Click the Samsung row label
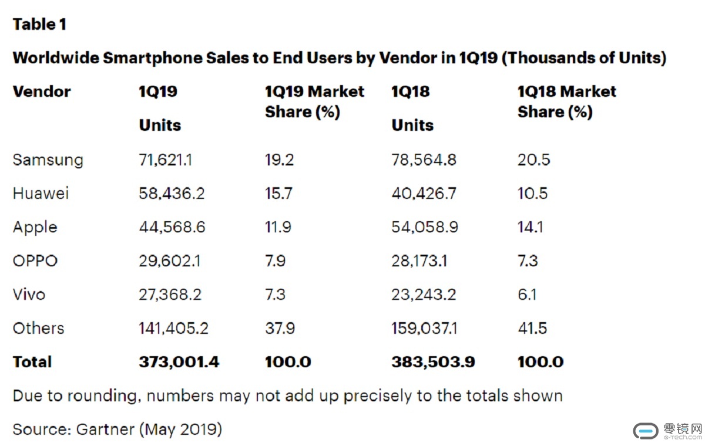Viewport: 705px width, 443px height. pyautogui.click(x=48, y=160)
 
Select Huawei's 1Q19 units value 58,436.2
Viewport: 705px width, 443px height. pyautogui.click(x=172, y=194)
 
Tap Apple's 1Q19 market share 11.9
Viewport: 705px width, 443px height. pyautogui.click(x=278, y=227)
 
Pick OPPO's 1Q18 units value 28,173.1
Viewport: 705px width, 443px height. pyautogui.click(x=419, y=261)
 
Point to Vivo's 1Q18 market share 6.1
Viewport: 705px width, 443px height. pyautogui.click(x=527, y=294)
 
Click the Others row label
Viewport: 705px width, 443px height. pyautogui.click(x=38, y=328)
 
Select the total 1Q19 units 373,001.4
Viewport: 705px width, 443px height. pyautogui.click(x=179, y=362)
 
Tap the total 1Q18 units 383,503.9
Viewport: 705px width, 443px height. pyautogui.click(x=433, y=362)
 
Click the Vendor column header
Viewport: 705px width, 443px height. pyautogui.click(x=41, y=92)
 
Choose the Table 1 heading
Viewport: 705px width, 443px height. pyautogui.click(x=39, y=25)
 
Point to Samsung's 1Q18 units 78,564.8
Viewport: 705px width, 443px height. pyautogui.click(x=424, y=160)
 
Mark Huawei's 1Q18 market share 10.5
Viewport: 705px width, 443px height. pyautogui.click(x=532, y=194)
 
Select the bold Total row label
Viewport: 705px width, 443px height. pyautogui.click(x=32, y=362)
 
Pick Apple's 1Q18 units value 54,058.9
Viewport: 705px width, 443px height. pyautogui.click(x=423, y=227)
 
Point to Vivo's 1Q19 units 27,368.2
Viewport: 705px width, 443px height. pyautogui.click(x=170, y=294)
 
